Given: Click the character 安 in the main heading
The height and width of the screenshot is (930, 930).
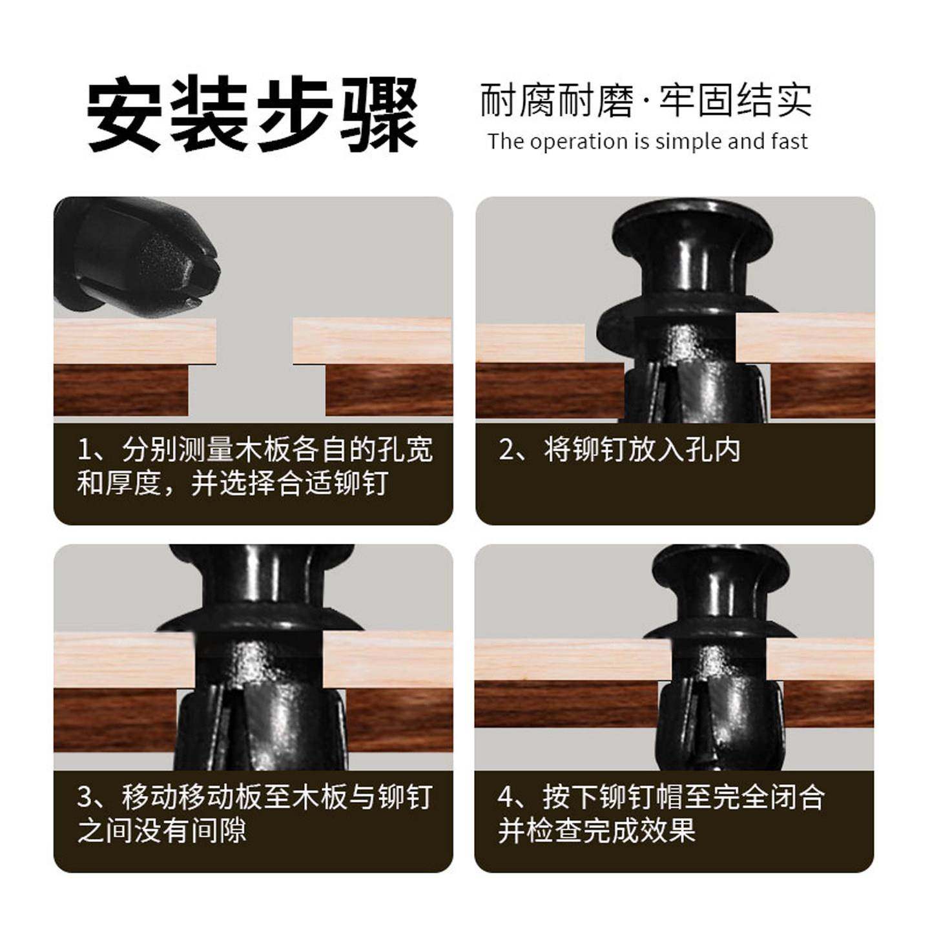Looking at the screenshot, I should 124,114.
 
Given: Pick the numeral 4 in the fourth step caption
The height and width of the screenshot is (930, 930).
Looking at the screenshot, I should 508,798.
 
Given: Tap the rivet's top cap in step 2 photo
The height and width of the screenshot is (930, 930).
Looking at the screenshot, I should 692,226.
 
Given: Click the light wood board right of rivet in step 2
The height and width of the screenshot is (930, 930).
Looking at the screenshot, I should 807,337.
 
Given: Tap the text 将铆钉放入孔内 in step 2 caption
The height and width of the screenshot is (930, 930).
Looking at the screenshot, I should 642,450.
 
